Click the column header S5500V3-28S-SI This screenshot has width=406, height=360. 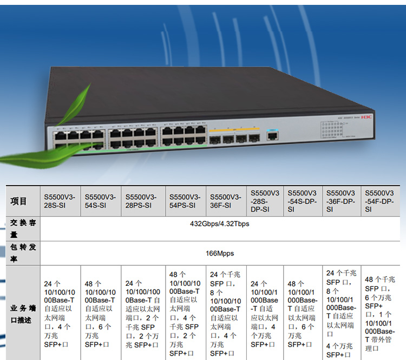60,201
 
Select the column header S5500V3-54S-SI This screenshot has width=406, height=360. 101,201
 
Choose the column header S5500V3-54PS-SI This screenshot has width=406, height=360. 185,201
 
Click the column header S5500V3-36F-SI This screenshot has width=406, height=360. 226,201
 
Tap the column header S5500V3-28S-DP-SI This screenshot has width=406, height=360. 265,201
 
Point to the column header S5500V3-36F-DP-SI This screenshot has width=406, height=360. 340,201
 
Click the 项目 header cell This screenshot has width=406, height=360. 19,201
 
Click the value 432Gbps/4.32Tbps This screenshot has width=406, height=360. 220,224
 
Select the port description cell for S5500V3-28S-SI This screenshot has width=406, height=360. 60,313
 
